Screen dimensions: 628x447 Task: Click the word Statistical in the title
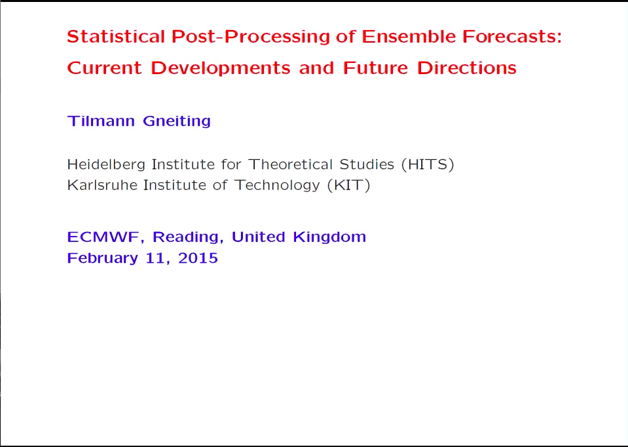coord(116,37)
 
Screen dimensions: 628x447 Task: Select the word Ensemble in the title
coord(409,37)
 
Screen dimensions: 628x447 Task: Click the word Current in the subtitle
coord(104,68)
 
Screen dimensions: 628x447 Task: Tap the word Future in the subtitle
coord(375,68)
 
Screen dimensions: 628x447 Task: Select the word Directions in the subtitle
coord(467,68)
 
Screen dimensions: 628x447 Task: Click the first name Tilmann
coord(101,121)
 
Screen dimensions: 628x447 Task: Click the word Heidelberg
coord(106,165)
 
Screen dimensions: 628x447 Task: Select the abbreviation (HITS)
coord(428,165)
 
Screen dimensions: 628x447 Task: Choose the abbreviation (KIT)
coord(348,185)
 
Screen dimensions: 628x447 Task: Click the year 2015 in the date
coord(198,258)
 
